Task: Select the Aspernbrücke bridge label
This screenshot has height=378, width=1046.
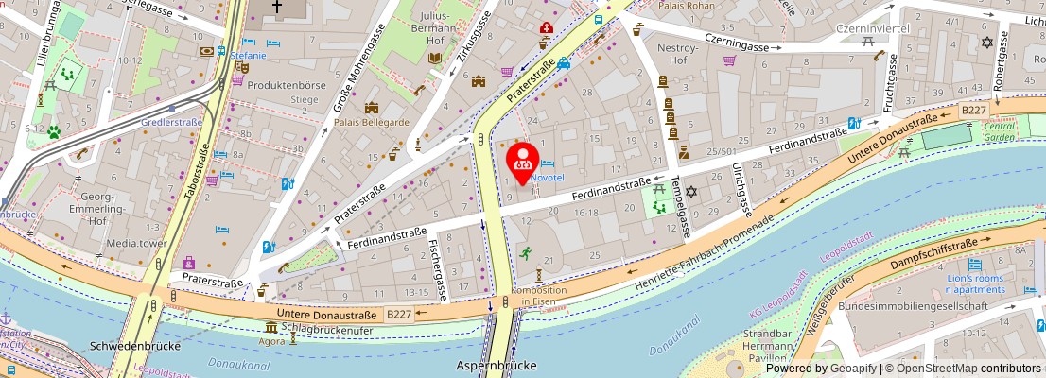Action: click(497, 366)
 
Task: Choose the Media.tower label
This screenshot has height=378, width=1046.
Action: click(136, 243)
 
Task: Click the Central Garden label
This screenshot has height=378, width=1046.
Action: click(999, 131)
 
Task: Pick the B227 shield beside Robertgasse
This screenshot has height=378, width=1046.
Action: click(973, 111)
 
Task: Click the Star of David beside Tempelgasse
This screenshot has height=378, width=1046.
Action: click(690, 193)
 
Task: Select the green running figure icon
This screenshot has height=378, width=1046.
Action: click(523, 253)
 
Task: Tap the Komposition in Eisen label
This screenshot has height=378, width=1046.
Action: click(538, 296)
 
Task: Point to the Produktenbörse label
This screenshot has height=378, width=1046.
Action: click(286, 85)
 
